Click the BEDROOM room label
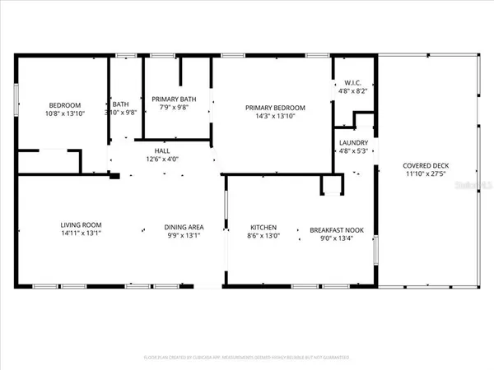tap(64, 105)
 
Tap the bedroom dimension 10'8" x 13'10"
tap(64, 114)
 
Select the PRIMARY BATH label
tap(171, 99)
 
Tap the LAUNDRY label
tap(354, 142)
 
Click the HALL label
tap(162, 150)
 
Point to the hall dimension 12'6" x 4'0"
tap(162, 160)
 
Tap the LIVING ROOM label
tap(81, 225)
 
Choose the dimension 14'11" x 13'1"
tap(81, 234)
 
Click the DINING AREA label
tap(184, 227)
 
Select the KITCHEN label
tap(263, 228)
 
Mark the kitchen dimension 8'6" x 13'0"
tap(263, 237)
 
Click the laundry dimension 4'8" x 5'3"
tap(354, 151)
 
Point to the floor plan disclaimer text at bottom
tap(246, 358)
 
